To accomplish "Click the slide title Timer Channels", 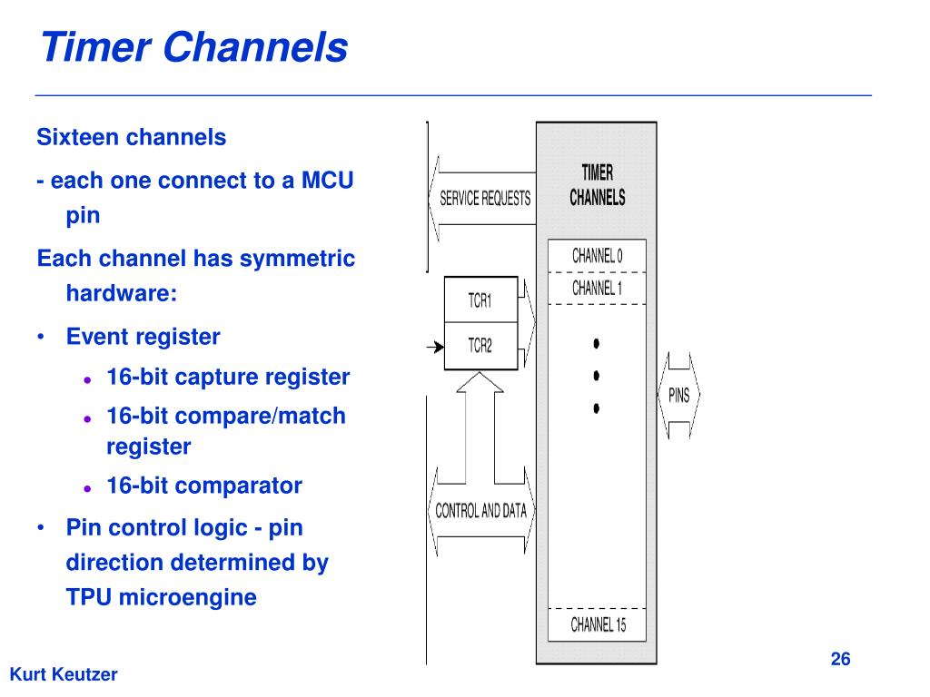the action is pyautogui.click(x=194, y=47).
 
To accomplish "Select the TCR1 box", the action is pyautogui.click(x=481, y=299).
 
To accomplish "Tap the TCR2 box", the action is pyautogui.click(x=481, y=346).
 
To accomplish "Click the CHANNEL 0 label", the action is pyautogui.click(x=598, y=256).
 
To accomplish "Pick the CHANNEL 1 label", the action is pyautogui.click(x=598, y=288).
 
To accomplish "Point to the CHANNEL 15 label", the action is pyautogui.click(x=598, y=624).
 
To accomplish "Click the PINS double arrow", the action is pyautogui.click(x=679, y=395).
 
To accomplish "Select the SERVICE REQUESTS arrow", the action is pyautogui.click(x=481, y=199).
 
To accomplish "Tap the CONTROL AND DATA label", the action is pyautogui.click(x=481, y=510).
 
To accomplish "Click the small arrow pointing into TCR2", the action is pyautogui.click(x=435, y=347).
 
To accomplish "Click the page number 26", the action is pyautogui.click(x=840, y=659).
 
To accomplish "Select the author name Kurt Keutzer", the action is pyautogui.click(x=64, y=674).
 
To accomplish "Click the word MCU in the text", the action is pyautogui.click(x=327, y=181).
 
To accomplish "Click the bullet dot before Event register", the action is pyautogui.click(x=41, y=338).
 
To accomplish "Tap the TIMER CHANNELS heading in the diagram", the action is pyautogui.click(x=598, y=185).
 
